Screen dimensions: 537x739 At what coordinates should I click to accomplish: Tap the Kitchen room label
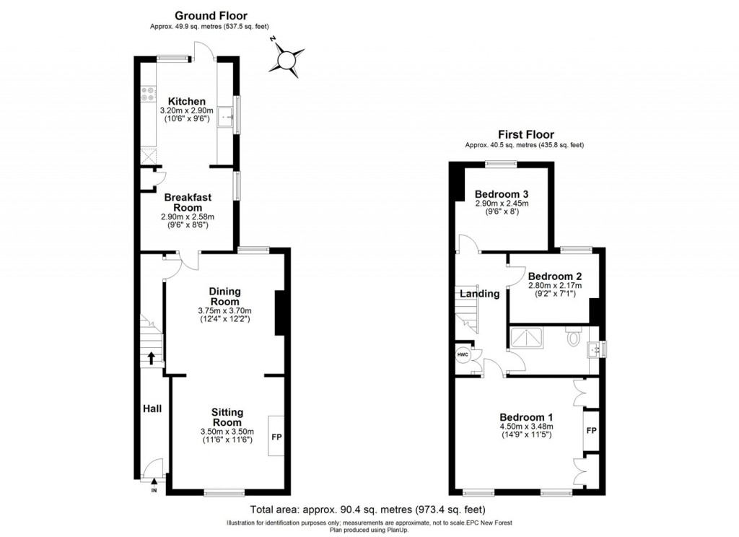pyautogui.click(x=187, y=101)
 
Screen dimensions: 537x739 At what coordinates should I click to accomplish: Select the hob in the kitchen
pyautogui.click(x=149, y=93)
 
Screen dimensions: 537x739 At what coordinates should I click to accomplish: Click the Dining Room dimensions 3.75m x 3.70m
pyautogui.click(x=225, y=311)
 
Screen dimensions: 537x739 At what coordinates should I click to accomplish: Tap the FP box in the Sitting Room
pyautogui.click(x=276, y=437)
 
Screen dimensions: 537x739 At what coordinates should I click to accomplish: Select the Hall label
pyautogui.click(x=152, y=409)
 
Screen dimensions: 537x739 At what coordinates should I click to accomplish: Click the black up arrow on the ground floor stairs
pyautogui.click(x=152, y=357)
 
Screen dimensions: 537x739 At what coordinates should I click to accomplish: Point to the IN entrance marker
pyautogui.click(x=154, y=491)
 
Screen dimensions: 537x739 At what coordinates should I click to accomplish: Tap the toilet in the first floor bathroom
pyautogui.click(x=574, y=338)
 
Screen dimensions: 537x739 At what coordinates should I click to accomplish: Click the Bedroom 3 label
pyautogui.click(x=502, y=194)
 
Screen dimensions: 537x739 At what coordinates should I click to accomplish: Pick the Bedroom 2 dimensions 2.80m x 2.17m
pyautogui.click(x=554, y=286)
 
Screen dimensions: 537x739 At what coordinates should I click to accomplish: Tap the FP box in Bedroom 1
pyautogui.click(x=591, y=431)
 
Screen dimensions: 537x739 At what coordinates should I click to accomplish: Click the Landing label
pyautogui.click(x=480, y=294)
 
